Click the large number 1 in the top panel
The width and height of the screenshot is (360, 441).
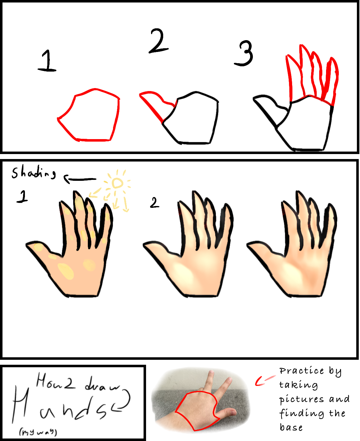(47, 61)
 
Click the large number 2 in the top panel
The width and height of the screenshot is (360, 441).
(158, 41)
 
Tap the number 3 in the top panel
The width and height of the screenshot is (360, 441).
(244, 54)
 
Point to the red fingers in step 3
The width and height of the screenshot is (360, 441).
(311, 75)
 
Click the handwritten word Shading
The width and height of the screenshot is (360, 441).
(34, 172)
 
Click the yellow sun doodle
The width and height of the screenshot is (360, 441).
(117, 183)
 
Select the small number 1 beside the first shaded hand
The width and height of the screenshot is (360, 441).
(22, 197)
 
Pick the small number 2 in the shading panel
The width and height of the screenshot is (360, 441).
(154, 203)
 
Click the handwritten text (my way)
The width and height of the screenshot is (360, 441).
(38, 432)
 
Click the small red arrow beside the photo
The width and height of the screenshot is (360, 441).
(263, 381)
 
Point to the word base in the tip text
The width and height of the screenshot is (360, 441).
(291, 427)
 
